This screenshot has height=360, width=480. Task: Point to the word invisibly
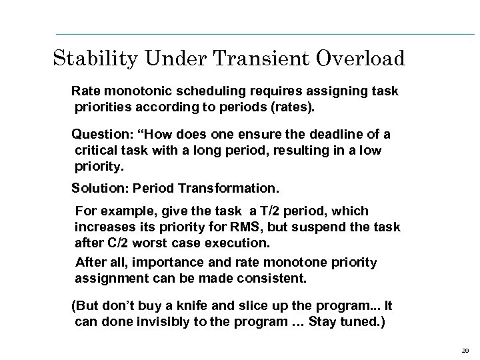pos(182,322)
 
